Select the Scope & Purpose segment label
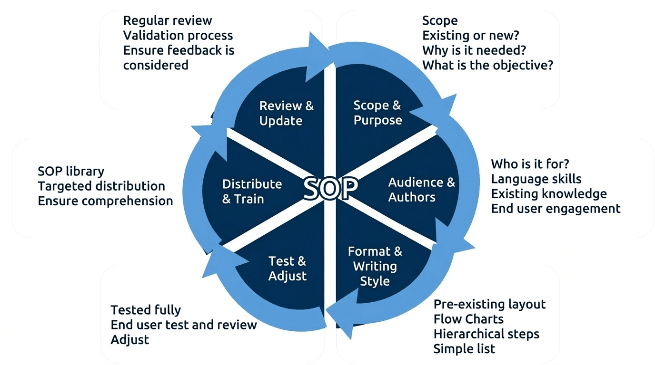pos(377,113)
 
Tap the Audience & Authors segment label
pos(421,190)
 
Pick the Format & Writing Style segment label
pos(375,266)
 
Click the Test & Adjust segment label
pos(288,268)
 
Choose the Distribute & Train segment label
pos(252,191)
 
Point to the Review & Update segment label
pos(286,113)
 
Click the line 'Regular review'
pos(168,20)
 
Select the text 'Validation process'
pos(178,35)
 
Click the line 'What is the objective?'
pos(487,65)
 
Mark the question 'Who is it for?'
pos(530,164)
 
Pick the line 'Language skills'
pos(536,179)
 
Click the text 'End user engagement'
pos(556,208)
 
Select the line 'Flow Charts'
pos(468,319)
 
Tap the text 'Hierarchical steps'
pos(486,334)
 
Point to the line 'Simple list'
pos(464,348)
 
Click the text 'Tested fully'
pos(146,310)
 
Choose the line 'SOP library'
pos(71,171)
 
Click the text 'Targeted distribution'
pos(101,186)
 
